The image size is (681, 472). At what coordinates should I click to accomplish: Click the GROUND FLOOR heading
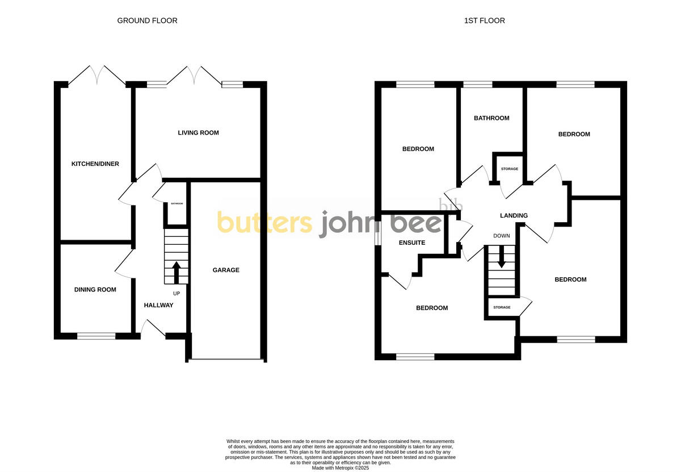[x=147, y=20]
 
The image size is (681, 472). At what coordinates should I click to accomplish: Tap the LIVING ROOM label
[x=198, y=133]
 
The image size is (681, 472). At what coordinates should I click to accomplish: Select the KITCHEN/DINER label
[x=95, y=164]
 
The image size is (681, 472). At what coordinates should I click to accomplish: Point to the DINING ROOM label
[x=95, y=290]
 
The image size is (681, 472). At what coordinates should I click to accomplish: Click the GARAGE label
[x=226, y=270]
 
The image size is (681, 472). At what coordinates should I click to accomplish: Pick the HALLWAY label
[x=158, y=306]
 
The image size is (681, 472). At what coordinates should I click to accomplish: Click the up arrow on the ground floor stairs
[x=176, y=272]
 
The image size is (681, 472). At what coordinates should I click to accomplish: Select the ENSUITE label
[x=411, y=243]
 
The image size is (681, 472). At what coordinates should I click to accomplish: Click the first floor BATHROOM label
[x=491, y=118]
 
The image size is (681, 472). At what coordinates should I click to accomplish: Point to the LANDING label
[x=514, y=216]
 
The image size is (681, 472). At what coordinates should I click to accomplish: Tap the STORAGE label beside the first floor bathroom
[x=509, y=169]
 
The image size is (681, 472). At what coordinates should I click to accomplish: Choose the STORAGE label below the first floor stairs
[x=502, y=307]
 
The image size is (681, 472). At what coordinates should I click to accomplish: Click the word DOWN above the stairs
[x=502, y=236]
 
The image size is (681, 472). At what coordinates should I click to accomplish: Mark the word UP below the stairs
[x=176, y=294]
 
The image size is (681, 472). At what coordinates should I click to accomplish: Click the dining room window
[x=96, y=336]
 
